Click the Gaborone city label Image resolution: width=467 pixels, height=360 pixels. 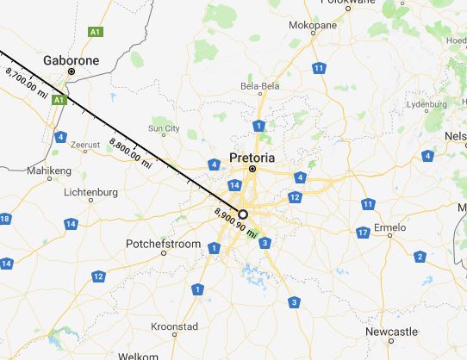[x=72, y=61]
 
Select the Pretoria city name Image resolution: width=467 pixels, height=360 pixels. [x=252, y=158]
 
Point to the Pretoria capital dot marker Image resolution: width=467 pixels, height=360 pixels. [x=252, y=170]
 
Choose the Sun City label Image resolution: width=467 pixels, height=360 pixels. [x=164, y=129]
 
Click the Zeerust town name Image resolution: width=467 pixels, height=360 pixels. [x=85, y=145]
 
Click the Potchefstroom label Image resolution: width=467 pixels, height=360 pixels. [x=157, y=244]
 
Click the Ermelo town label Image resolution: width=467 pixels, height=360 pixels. [x=396, y=230]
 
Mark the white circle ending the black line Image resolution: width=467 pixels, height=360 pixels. [x=243, y=214]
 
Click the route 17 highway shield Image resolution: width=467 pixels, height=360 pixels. [x=363, y=233]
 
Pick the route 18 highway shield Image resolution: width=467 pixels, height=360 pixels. [x=5, y=219]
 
